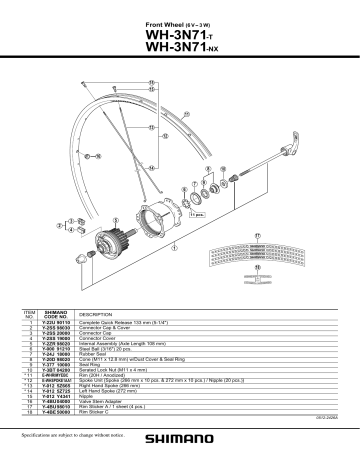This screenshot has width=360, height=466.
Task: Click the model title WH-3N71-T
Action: tap(180, 36)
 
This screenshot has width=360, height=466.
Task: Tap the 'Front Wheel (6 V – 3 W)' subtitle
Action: tap(180, 22)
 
